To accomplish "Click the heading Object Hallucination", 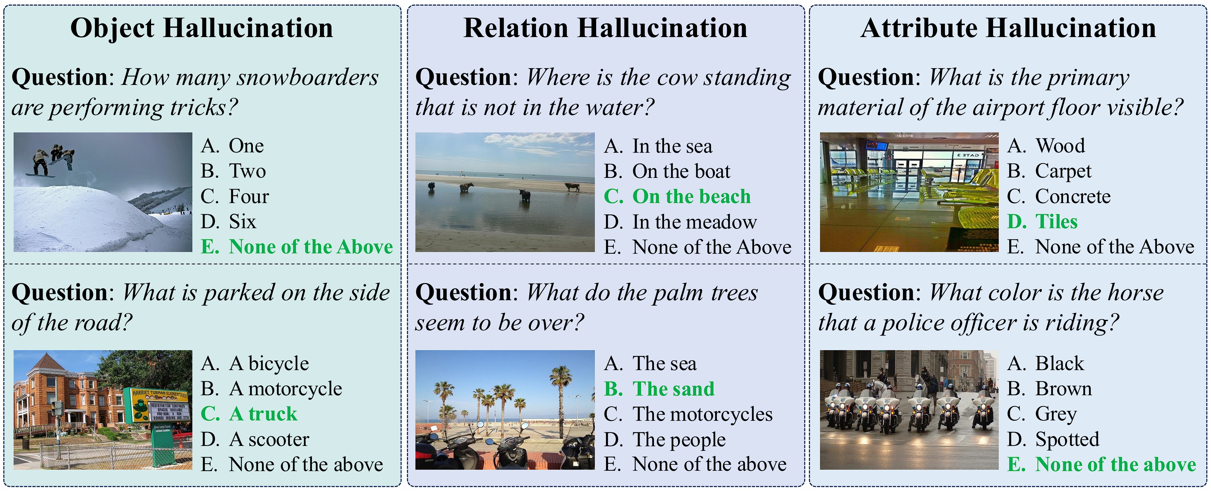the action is click(x=202, y=28).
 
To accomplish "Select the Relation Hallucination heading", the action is click(x=606, y=28).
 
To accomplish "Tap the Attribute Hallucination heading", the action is click(x=1009, y=28).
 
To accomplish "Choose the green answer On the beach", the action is click(x=677, y=196).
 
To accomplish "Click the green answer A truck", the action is click(x=249, y=414).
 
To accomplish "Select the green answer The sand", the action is click(x=659, y=389).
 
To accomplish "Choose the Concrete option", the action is click(x=1059, y=196).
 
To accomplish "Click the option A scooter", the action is click(x=255, y=439).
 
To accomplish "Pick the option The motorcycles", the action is click(x=688, y=414).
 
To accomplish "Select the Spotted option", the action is click(x=1053, y=440).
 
